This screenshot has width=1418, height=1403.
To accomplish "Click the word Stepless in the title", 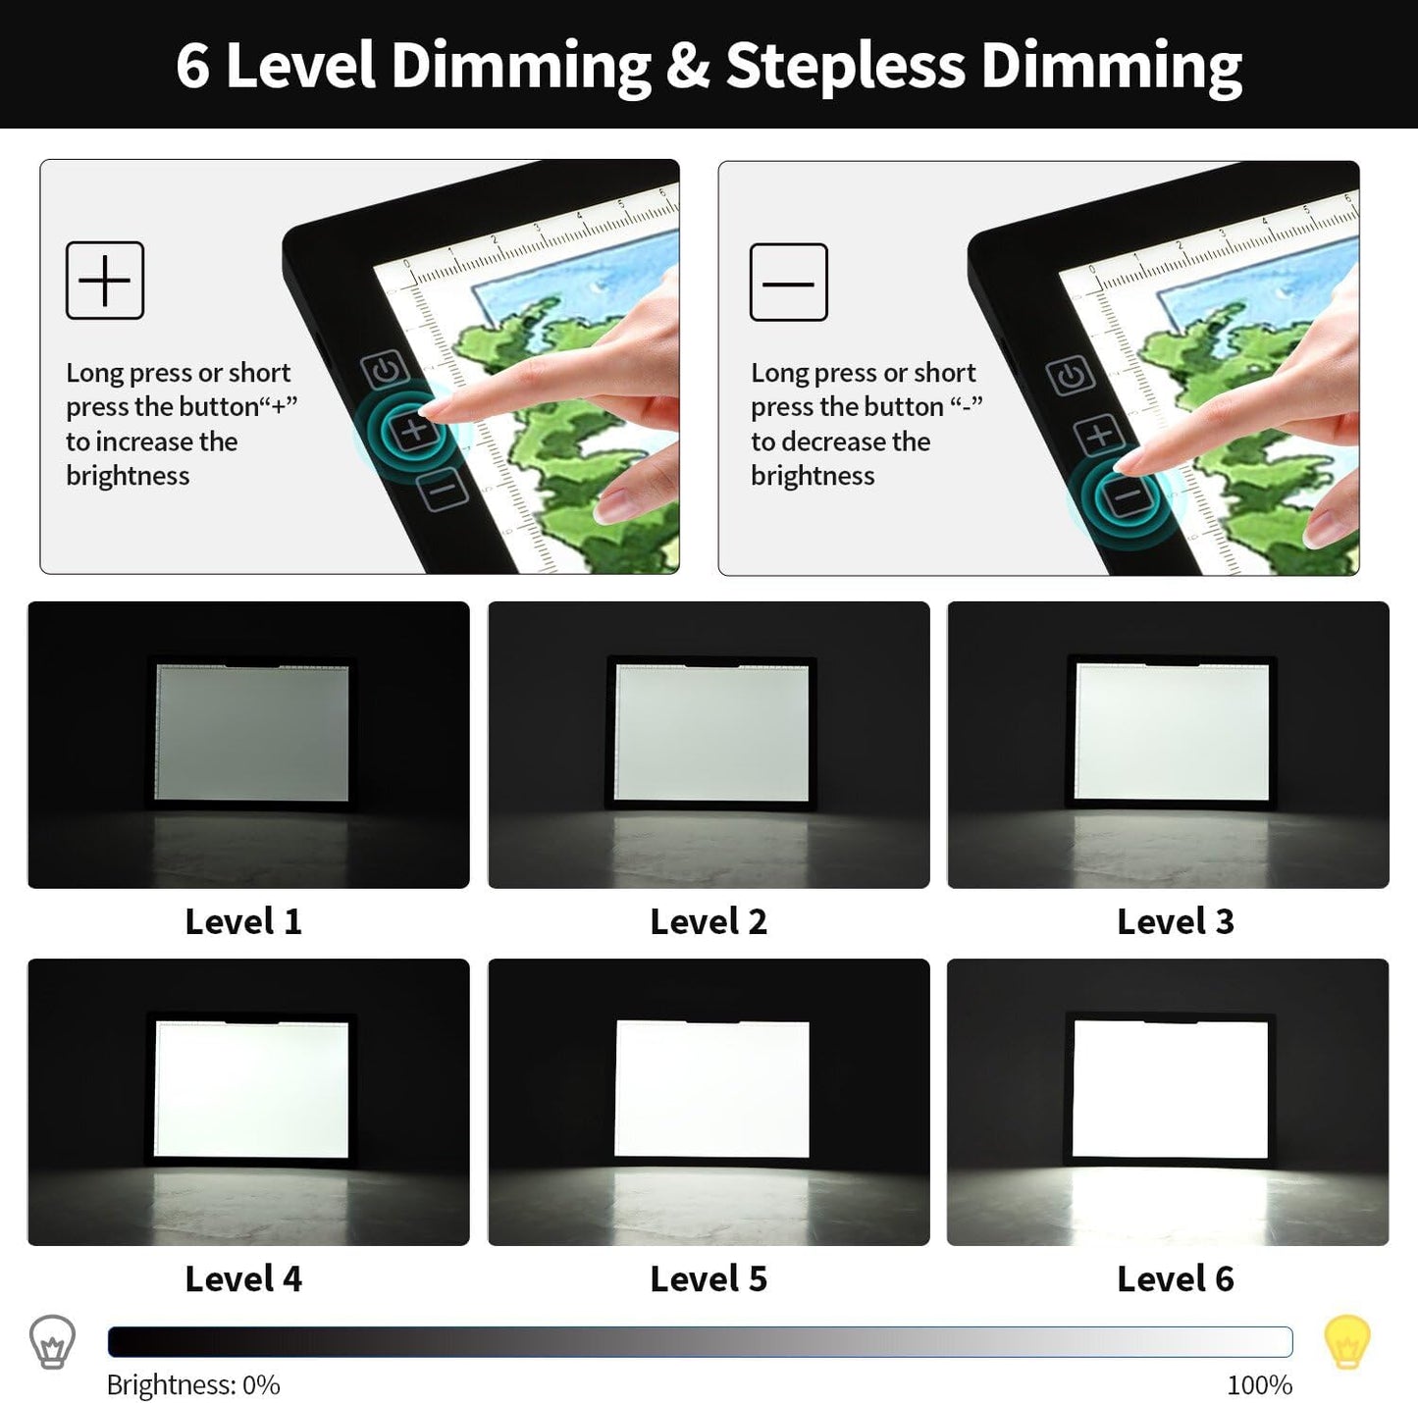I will pos(845,67).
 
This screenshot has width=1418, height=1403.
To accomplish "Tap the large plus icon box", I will pos(105,281).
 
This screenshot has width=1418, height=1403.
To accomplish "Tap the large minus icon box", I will pos(788,283).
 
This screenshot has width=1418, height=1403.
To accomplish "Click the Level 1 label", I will pos(243,921).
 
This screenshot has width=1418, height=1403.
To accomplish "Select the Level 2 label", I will pos(709,921).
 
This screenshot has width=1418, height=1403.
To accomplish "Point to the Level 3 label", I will pos(1175,921).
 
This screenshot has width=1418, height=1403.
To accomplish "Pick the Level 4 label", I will pos(243,1278).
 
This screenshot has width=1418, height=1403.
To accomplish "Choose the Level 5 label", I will pos(709,1278).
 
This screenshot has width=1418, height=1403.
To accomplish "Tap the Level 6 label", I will pos(1175,1278).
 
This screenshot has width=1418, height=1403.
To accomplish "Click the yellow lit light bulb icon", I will pos(1346,1341).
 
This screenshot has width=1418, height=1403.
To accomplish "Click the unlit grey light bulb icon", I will pos(52,1341).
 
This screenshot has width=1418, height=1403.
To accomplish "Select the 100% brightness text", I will pos(1259,1384).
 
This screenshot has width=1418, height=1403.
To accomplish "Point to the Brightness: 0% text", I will pos(193,1384).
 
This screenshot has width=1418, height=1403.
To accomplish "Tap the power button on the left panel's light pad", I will pos(385,371).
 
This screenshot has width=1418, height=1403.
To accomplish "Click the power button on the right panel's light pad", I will pos(1070,376).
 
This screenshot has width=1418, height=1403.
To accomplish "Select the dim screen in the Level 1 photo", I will pos(252,733).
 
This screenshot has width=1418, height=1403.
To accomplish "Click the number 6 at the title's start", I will pos(193,67).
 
